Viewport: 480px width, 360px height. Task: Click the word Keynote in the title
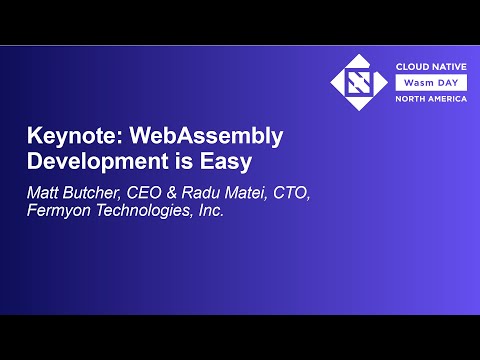click(62, 137)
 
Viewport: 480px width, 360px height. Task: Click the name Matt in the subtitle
click(43, 191)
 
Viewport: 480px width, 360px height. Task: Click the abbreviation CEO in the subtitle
click(146, 191)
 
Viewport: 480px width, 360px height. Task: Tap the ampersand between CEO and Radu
click(175, 191)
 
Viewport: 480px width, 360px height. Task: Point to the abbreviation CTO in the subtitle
click(291, 191)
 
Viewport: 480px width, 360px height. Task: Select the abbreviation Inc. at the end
click(207, 211)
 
